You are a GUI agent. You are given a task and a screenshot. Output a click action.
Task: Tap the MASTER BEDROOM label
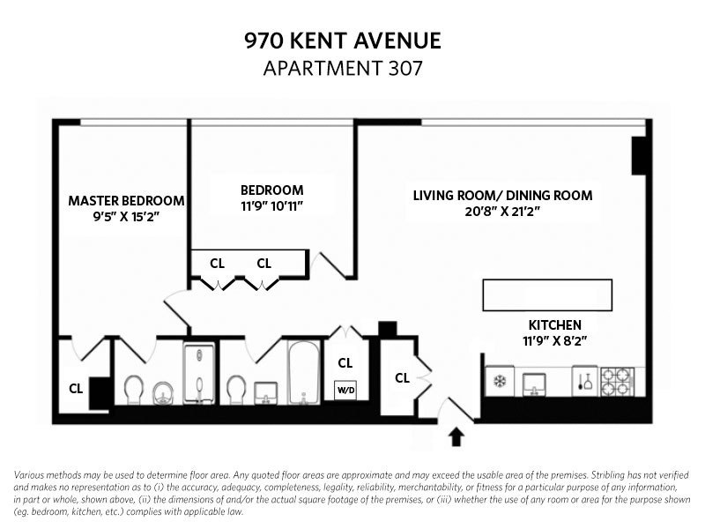pyautogui.click(x=126, y=200)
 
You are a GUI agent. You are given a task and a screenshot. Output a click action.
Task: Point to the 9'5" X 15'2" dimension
pyautogui.click(x=126, y=216)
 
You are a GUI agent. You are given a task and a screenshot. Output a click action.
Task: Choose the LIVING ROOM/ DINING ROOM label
pyautogui.click(x=502, y=196)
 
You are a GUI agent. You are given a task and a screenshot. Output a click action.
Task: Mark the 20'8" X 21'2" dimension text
pyautogui.click(x=502, y=212)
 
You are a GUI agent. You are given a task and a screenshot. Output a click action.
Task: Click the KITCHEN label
pyautogui.click(x=555, y=324)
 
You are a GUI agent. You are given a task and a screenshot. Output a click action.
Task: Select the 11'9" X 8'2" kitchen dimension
pyautogui.click(x=555, y=339)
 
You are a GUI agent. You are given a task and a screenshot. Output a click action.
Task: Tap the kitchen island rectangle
pyautogui.click(x=546, y=294)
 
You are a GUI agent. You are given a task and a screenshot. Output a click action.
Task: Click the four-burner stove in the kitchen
pyautogui.click(x=616, y=382)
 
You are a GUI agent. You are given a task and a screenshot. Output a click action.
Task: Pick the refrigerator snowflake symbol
pyautogui.click(x=499, y=382)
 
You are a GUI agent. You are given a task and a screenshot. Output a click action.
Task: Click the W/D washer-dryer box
pyautogui.click(x=345, y=388)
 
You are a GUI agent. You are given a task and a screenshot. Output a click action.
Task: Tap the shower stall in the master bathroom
pyautogui.click(x=200, y=374)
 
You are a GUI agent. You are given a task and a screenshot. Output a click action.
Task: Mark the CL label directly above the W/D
pyautogui.click(x=345, y=362)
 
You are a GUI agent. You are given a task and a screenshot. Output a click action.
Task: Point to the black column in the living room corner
pyautogui.click(x=641, y=156)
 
